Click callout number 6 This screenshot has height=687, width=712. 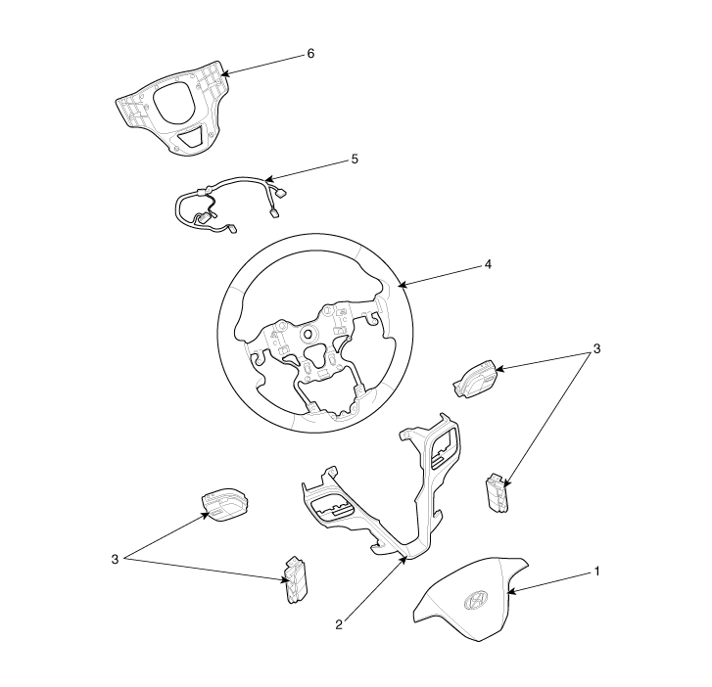coord(310,54)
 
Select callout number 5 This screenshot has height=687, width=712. coord(355,160)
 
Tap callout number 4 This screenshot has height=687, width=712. coord(488,264)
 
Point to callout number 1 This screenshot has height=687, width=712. coord(597,571)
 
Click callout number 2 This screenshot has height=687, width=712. coord(339,624)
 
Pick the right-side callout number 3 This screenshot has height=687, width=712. coord(596,348)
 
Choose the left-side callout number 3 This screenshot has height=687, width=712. coord(115,559)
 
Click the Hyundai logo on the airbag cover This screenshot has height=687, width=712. coord(476,600)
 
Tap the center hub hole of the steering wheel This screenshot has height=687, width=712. coord(309,334)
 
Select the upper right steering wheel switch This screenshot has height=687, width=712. coord(475,378)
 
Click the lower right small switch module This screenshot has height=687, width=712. coord(498,493)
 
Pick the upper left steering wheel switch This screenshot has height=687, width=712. coord(225,505)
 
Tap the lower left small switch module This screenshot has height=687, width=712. coord(295,580)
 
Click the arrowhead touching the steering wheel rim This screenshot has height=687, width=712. coord(401,286)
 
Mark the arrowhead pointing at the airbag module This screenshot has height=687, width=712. coord(510,591)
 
